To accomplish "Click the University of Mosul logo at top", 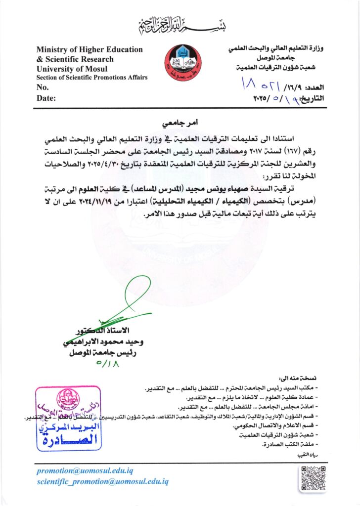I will (183, 64).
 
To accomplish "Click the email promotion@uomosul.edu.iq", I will (85, 471).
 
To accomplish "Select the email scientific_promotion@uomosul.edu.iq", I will (103, 481).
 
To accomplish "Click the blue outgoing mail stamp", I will (69, 419).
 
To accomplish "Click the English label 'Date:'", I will (46, 98).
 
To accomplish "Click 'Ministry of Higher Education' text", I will (90, 49).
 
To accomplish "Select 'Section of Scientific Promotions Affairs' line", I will (92, 78).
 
